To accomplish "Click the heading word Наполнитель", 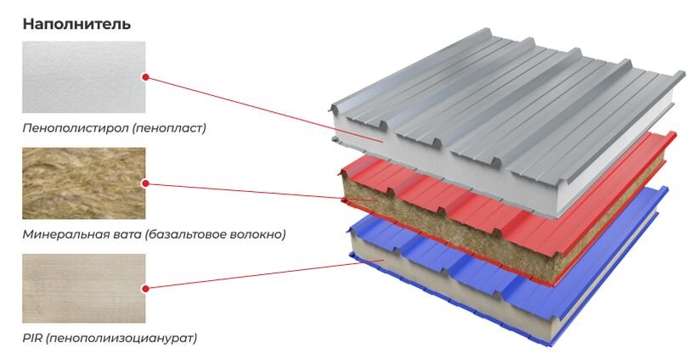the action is (x=76, y=24).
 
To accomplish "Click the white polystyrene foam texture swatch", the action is (x=84, y=77).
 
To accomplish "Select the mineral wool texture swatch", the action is (x=84, y=183).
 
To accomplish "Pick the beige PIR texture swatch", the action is (x=84, y=289).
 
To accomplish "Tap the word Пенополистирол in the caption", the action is (x=76, y=128).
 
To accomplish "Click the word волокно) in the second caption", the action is (x=257, y=234).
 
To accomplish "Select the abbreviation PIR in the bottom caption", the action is (x=32, y=338).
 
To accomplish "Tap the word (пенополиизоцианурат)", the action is (x=121, y=339).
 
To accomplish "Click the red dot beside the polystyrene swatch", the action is (x=145, y=77).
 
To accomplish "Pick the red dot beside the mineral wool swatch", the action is (x=145, y=183).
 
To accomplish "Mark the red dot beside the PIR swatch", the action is (x=145, y=289).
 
